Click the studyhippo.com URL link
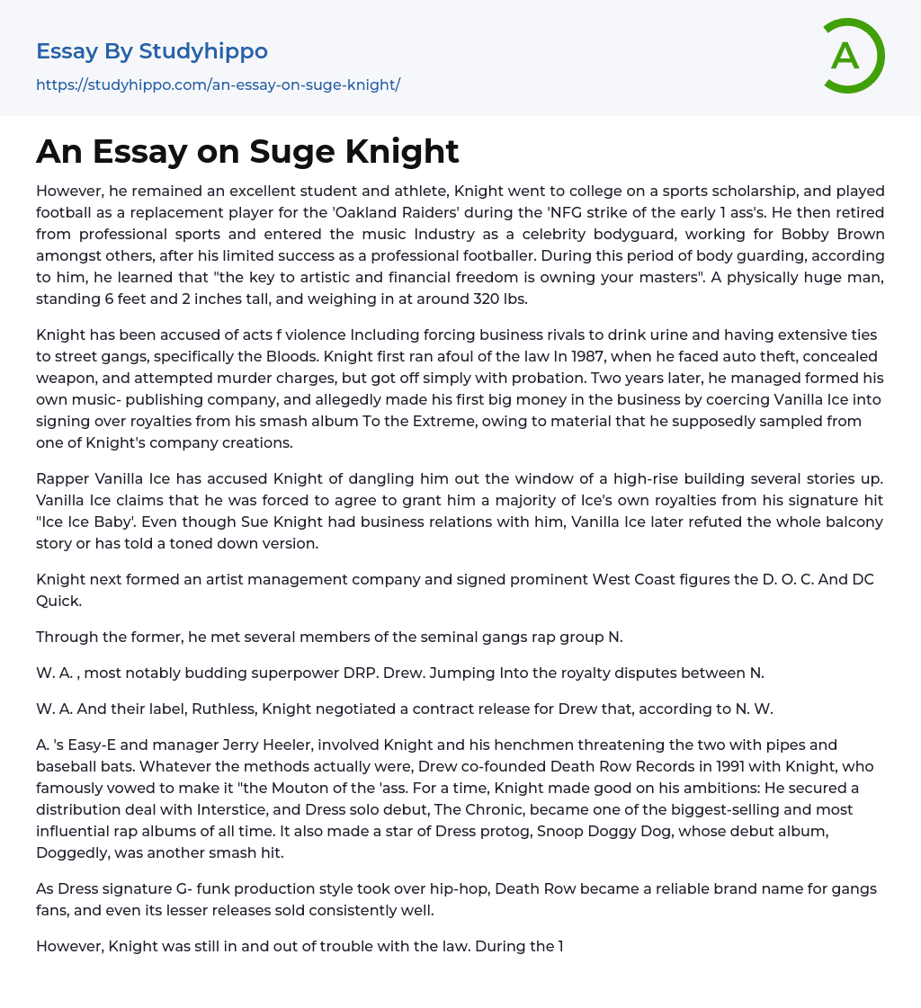[x=218, y=85]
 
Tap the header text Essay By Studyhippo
[x=152, y=51]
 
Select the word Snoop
[x=566, y=831]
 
